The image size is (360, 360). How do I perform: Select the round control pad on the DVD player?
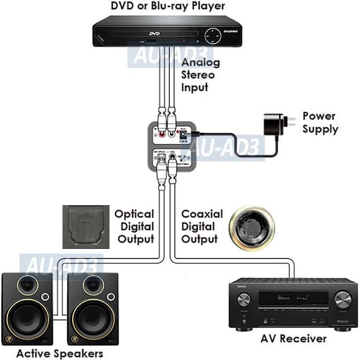coord(213,35)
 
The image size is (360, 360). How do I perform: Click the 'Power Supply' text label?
coord(319,122)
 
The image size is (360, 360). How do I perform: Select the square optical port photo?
coord(85,226)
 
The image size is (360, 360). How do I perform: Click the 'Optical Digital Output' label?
coord(134,226)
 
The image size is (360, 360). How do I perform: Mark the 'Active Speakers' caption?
coord(59,353)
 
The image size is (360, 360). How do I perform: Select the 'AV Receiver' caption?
coord(293,339)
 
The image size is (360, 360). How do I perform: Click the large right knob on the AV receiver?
coord(341,297)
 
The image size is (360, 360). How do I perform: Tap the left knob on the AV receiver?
coord(244,297)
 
